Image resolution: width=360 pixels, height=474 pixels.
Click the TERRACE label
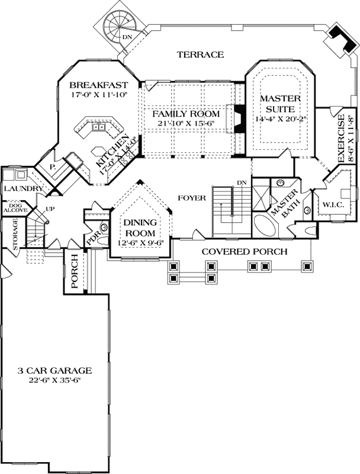point(200,55)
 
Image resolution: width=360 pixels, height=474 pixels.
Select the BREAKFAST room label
point(98,84)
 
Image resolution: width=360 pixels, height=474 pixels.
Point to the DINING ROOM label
point(139,228)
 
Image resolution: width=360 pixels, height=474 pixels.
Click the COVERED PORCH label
point(245,252)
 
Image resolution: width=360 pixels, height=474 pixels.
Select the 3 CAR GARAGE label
point(54,371)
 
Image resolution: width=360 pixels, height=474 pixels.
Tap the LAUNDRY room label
point(21,189)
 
